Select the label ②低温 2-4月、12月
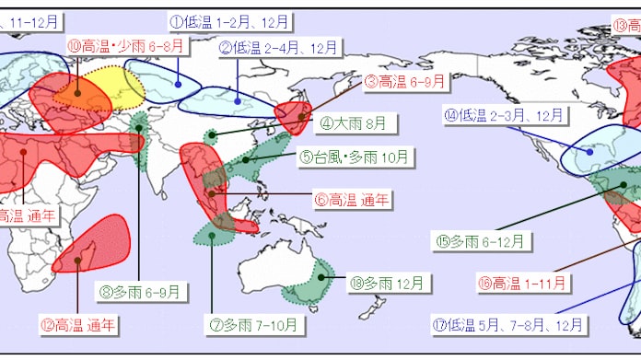click(278, 47)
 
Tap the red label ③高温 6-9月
click(406, 82)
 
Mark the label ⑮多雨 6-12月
click(483, 241)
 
